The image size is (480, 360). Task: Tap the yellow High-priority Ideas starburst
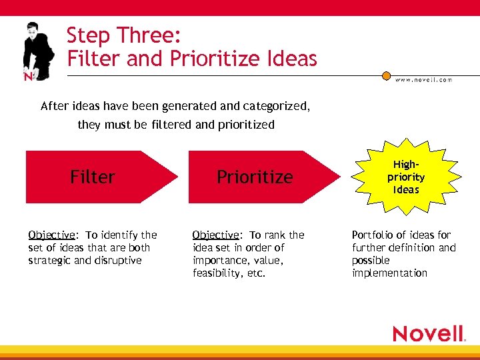(406, 177)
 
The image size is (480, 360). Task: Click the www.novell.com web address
(423, 79)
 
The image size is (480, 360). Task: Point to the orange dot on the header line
(386, 76)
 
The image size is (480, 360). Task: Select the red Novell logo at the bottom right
(428, 333)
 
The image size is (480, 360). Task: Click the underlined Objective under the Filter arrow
(52, 235)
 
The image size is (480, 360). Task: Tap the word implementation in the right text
(389, 273)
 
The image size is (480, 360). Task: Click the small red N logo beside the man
(28, 76)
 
